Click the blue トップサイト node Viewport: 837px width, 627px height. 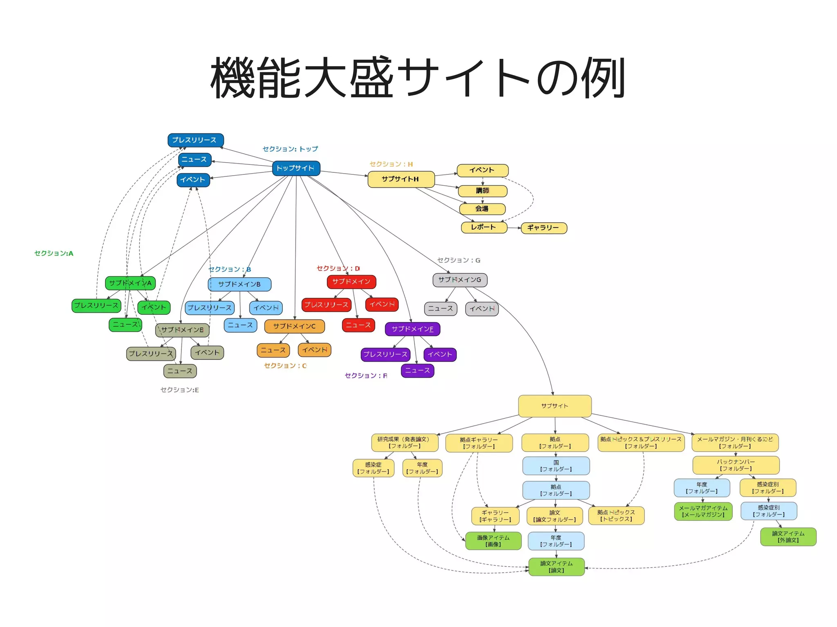pos(296,168)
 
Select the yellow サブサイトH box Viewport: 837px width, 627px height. pos(401,179)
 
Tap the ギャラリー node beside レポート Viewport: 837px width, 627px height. pos(544,228)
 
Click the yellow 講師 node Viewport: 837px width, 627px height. pos(482,191)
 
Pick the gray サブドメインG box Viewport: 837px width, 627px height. pos(460,280)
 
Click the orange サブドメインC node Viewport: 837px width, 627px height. pos(294,326)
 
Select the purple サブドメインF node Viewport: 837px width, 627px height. pos(412,329)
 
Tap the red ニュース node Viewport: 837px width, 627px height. pos(358,325)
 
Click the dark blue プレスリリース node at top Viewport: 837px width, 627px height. pos(195,140)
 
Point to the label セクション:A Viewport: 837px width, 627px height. pos(54,253)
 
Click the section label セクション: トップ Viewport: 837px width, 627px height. pos(290,149)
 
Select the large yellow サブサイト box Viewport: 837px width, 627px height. pos(555,406)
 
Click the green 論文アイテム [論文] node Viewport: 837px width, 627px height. pos(556,567)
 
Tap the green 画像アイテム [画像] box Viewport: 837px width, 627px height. pos(493,541)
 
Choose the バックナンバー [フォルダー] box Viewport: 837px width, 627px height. pos(736,465)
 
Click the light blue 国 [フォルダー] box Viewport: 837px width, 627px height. pos(556,466)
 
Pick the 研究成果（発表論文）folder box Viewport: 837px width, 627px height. pos(404,442)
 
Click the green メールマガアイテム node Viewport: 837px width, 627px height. pos(703,511)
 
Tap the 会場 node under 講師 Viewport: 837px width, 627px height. pos(482,209)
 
